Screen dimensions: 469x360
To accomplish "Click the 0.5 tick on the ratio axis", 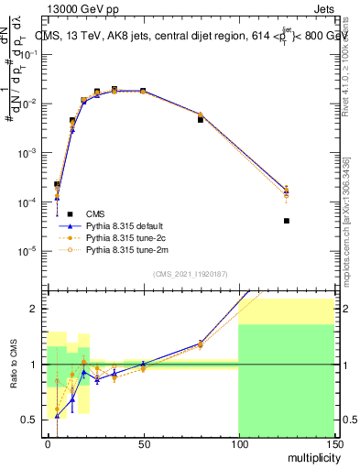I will coord(30,420).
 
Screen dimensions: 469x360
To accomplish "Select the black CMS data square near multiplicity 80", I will coord(201,120).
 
